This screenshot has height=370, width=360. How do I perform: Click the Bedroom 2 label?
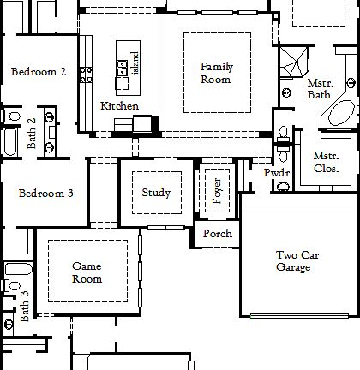tap(39, 72)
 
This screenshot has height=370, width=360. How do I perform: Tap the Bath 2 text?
tap(32, 134)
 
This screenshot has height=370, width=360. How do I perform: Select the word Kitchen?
tap(119, 105)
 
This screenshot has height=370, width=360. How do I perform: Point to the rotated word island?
tap(135, 63)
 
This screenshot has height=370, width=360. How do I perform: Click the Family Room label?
tap(216, 73)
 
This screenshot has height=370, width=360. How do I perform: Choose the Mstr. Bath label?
tap(320, 88)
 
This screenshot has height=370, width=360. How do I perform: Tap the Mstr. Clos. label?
tap(326, 163)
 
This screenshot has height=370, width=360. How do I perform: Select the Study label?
tap(156, 193)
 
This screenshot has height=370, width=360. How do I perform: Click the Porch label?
tap(218, 234)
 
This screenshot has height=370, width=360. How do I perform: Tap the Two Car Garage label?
tap(293, 261)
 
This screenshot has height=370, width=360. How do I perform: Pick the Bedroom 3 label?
tap(45, 194)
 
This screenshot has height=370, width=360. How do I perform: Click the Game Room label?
tap(87, 272)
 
